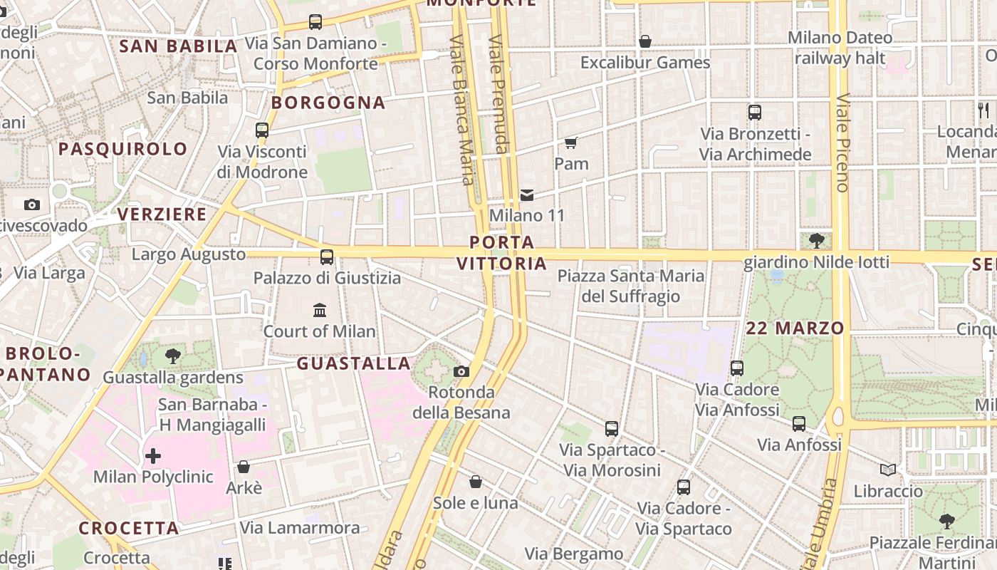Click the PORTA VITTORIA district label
tap(501, 253)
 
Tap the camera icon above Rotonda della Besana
tap(461, 371)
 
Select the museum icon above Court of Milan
tap(320, 311)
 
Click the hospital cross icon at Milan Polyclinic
tap(153, 456)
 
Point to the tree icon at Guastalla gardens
tap(172, 356)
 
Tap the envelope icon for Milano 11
tap(527, 195)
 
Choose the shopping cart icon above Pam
tap(570, 143)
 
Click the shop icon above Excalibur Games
tap(645, 42)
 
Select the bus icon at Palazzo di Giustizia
tap(327, 257)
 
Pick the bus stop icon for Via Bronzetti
tap(755, 113)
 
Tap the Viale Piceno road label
tap(843, 142)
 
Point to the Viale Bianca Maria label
tap(461, 110)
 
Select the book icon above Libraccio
tap(887, 470)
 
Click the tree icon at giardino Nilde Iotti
tap(817, 241)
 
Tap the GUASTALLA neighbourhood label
tap(354, 364)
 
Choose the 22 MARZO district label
tap(795, 328)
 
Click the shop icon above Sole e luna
tap(476, 482)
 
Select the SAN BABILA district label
tap(178, 47)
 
